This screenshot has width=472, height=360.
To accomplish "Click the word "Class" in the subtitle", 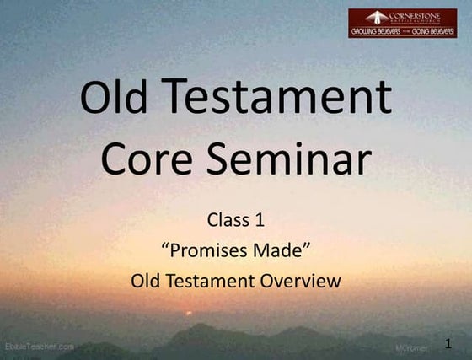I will tap(228, 222).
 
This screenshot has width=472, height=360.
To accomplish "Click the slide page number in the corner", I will tap(448, 342).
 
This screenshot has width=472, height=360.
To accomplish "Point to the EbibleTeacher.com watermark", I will tap(39, 347).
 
